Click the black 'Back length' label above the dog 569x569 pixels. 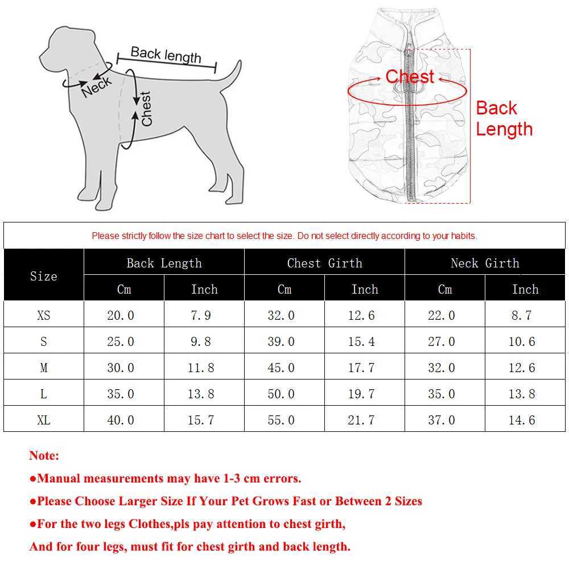[x=166, y=55]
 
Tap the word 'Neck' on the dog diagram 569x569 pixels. [x=97, y=87]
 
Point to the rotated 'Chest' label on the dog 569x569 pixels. [x=146, y=109]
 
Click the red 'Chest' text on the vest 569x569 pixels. [x=410, y=77]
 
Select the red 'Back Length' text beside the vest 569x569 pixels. [x=504, y=118]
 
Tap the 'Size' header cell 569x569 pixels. [x=44, y=276]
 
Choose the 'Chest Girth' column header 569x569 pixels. [x=324, y=263]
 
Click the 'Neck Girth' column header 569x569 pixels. [x=485, y=263]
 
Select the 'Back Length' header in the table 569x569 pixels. [x=164, y=263]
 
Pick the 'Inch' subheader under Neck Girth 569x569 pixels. [x=525, y=289]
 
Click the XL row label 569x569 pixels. [x=44, y=420]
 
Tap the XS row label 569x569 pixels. [x=44, y=315]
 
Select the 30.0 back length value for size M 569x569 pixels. [x=121, y=368]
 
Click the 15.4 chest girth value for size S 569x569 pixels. [x=361, y=341]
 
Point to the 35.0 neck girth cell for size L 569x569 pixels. [x=442, y=394]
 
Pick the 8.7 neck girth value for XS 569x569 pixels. [x=521, y=315]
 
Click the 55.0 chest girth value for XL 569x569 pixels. [x=281, y=420]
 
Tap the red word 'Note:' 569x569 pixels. [x=44, y=456]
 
